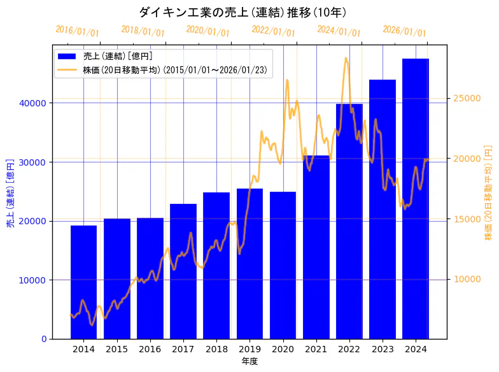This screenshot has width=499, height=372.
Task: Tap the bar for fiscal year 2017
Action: point(183,271)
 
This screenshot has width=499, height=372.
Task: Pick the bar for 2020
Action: point(283,264)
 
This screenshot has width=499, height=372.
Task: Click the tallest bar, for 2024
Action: point(416,198)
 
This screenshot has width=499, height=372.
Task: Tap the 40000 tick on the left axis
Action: point(35,103)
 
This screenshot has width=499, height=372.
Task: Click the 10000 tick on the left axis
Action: point(35,280)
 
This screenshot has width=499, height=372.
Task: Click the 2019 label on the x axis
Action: point(250,349)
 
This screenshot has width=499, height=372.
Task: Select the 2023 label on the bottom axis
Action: point(383,349)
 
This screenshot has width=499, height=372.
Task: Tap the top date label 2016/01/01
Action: point(77,31)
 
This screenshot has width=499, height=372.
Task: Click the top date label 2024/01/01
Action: point(339,31)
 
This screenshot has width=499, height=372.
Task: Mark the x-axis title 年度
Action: point(250,361)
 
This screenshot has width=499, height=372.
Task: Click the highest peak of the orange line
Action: point(346,58)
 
